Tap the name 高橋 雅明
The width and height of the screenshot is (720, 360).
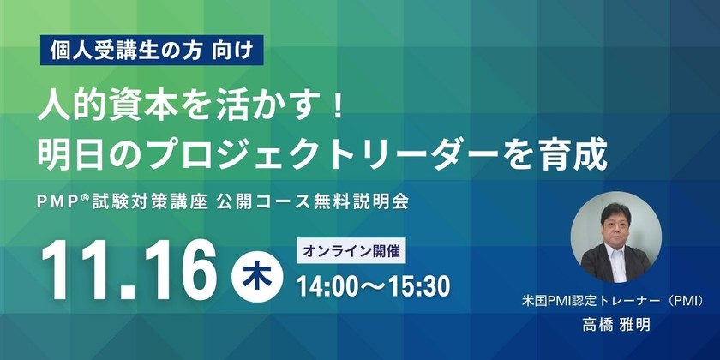coord(616,326)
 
